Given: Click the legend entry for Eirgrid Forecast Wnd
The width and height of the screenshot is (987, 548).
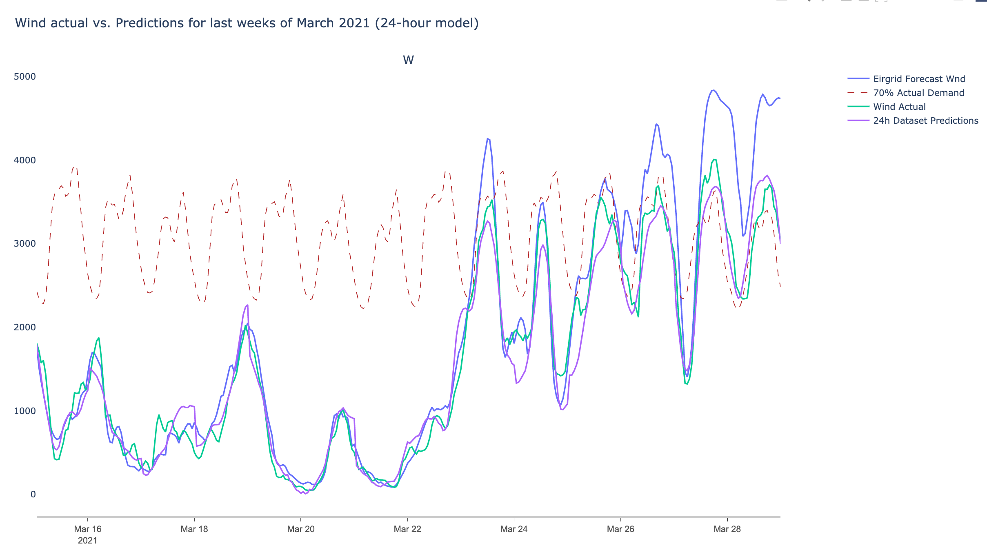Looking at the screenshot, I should (919, 79).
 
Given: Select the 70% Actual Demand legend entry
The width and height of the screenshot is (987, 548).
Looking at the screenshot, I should (918, 93).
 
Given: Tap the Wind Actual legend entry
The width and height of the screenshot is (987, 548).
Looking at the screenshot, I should (899, 107).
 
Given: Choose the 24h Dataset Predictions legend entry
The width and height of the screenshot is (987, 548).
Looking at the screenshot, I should (925, 121).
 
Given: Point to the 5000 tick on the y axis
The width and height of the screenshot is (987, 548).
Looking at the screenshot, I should (25, 77).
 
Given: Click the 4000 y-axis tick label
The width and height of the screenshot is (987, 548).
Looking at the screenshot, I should (25, 160).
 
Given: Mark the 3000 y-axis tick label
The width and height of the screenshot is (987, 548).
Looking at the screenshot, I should (25, 244).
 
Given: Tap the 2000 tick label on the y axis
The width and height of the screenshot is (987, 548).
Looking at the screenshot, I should (25, 327).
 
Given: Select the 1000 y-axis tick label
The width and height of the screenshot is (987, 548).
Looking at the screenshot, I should (25, 411).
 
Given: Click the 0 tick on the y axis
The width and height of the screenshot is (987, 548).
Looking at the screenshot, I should (33, 495).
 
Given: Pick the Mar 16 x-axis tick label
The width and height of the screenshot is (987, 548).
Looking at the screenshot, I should (88, 529).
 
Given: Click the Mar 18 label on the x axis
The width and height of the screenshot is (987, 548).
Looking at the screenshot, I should (194, 529).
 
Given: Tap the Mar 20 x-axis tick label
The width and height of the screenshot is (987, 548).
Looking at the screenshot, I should (301, 529).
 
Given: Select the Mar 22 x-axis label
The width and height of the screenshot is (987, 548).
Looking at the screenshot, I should (407, 529).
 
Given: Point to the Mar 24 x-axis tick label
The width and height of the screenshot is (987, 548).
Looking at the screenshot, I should (514, 529).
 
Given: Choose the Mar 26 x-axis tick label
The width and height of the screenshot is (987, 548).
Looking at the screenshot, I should (620, 529).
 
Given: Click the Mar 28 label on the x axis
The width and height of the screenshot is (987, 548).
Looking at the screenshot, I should (727, 529).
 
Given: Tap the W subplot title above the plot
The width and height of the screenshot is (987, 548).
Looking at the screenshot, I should (408, 60).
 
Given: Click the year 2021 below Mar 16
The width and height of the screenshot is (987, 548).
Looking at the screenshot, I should (88, 541).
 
